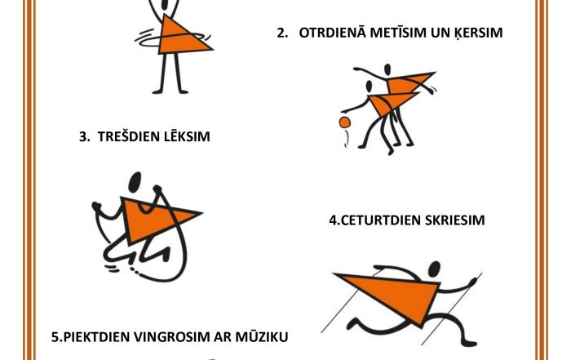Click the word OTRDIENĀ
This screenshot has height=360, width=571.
tap(332, 32)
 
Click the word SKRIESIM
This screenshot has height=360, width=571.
tap(454, 220)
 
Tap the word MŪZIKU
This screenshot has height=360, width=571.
tap(262, 336)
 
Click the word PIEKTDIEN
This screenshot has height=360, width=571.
tap(97, 336)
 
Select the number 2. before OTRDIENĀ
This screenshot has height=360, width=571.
tap(282, 33)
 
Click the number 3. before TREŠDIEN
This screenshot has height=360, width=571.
tap(85, 136)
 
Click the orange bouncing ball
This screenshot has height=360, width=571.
tap(344, 122)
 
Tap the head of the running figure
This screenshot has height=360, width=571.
tap(434, 269)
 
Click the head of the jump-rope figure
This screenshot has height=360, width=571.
tap(135, 181)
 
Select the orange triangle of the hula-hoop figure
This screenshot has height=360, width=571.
tap(181, 38)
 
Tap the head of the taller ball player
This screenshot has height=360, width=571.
tap(387, 69)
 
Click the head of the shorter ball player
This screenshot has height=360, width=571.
tap(369, 87)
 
